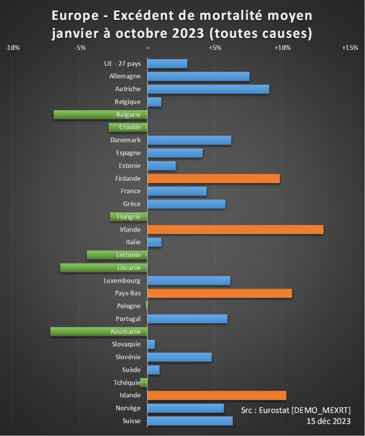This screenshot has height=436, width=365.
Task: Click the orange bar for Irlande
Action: click(235, 229)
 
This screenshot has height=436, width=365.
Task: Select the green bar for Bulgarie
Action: click(100, 115)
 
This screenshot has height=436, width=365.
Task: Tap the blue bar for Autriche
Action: click(208, 89)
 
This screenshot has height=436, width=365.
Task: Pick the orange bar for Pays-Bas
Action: click(220, 293)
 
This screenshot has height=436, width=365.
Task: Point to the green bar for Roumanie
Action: click(98, 332)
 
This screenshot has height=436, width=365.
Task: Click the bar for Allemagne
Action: click(198, 77)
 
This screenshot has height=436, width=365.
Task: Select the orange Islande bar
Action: click(217, 396)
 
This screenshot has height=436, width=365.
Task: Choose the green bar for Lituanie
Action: click(104, 268)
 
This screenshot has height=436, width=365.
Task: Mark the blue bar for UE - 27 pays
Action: click(167, 64)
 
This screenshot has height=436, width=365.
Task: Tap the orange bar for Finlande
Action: click(214, 178)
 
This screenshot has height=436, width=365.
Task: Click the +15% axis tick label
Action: click(350, 48)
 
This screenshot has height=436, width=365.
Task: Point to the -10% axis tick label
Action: click(12, 48)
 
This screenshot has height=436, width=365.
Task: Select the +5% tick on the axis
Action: click(215, 48)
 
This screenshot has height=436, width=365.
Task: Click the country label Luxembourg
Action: click(122, 281)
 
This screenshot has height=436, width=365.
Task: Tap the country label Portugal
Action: click(128, 319)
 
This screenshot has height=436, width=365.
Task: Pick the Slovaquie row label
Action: click(126, 344)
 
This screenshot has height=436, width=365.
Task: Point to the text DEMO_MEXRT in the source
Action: click(323, 410)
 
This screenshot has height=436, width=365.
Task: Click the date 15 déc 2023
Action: click(328, 421)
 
